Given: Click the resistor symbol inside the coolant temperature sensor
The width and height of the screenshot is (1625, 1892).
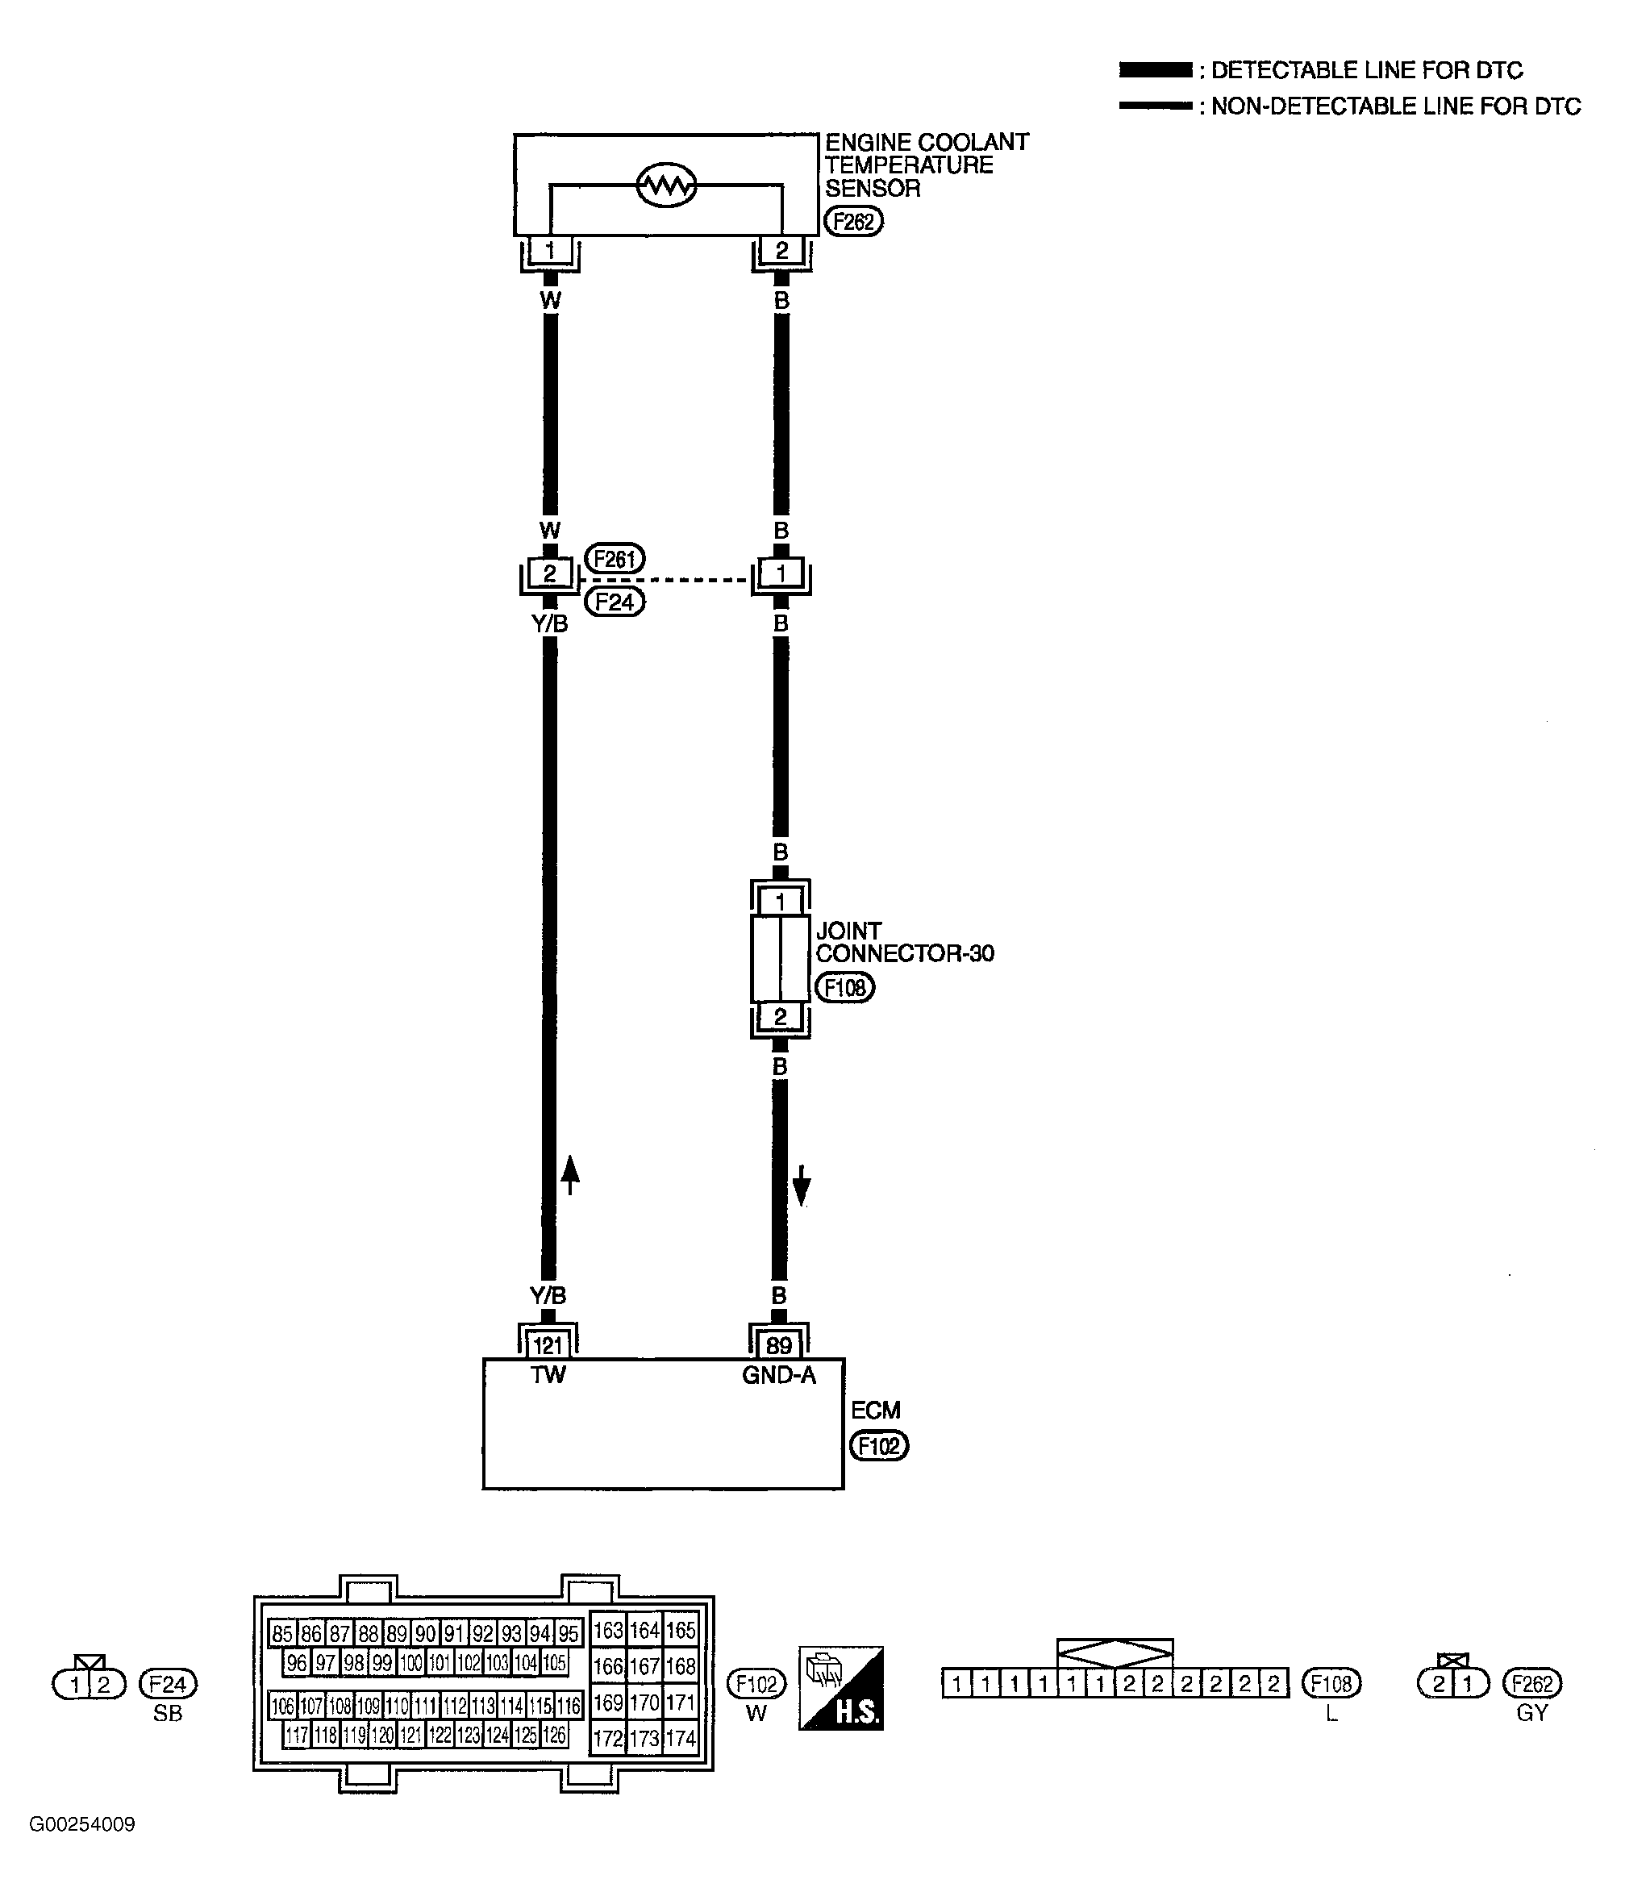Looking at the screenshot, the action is (x=665, y=186).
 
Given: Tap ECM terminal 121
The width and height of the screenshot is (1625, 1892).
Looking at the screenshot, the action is (x=548, y=1344).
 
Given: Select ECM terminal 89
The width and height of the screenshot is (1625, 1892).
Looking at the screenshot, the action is (x=779, y=1344).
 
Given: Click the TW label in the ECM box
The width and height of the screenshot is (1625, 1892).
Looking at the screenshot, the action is (x=548, y=1374).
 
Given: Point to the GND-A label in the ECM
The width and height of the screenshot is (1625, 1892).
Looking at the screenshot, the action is (x=779, y=1374).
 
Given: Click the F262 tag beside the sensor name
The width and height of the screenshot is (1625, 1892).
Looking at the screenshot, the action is (x=853, y=222).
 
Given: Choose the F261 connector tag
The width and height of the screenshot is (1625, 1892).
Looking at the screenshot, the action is (x=615, y=558).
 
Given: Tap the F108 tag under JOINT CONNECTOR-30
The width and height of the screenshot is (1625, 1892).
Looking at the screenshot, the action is (x=844, y=987).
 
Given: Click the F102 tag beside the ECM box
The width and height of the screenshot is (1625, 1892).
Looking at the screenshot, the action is (x=879, y=1445).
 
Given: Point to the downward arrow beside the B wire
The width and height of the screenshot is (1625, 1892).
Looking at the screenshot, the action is (x=802, y=1186).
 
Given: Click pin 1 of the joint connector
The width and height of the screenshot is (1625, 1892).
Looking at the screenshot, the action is (x=780, y=902).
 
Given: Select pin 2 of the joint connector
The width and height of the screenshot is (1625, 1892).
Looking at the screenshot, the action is (x=780, y=1016).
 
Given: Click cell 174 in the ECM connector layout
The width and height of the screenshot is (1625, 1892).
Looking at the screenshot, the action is (x=681, y=1739).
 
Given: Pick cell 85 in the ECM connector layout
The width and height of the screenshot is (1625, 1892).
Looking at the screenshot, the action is (x=283, y=1632).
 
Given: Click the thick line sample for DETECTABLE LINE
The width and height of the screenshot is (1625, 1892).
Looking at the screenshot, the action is (x=1156, y=70).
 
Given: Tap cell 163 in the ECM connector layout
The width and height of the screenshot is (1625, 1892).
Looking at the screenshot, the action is (x=608, y=1630).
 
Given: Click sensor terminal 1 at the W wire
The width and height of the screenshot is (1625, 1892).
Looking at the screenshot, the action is (x=549, y=249).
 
